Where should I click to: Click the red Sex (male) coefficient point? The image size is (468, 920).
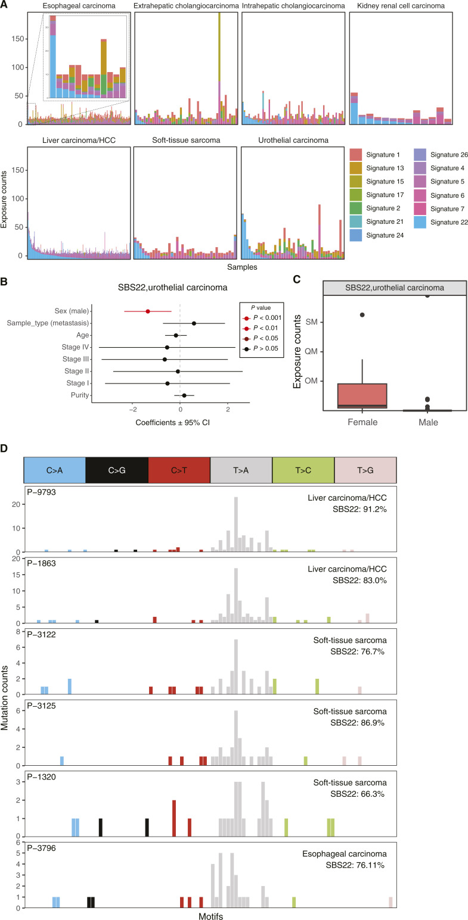tap(148, 311)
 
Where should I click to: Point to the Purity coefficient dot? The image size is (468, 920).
tap(184, 395)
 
